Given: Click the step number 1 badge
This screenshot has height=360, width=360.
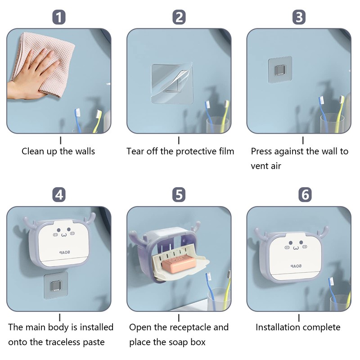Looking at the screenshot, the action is (x=59, y=17).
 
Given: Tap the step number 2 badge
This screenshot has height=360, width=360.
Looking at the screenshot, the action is (x=179, y=17).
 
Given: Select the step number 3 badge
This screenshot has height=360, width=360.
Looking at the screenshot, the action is (x=299, y=17).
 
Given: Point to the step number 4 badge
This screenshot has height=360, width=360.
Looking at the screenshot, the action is (x=59, y=195).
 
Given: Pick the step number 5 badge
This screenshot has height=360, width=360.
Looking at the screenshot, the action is (x=179, y=195).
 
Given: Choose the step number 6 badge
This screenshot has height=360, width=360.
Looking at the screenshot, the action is (x=305, y=195).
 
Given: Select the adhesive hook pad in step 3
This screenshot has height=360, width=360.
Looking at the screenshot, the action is (x=280, y=70).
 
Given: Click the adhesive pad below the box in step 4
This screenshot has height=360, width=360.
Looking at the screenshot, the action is (x=56, y=286).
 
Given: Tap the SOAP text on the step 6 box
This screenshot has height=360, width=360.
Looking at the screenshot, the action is (x=296, y=266).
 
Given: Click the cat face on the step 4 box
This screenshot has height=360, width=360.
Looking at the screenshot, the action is (x=64, y=232).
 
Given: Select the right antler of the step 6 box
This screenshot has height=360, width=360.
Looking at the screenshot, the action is (x=323, y=232).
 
